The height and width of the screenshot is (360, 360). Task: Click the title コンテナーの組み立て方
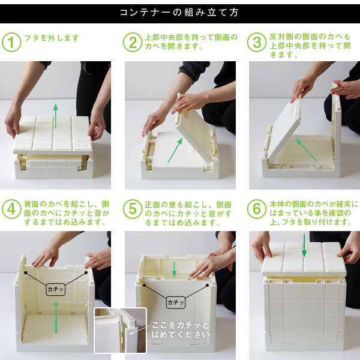[x=179, y=13]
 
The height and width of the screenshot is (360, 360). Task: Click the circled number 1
[x=11, y=42]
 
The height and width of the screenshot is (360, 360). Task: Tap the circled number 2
[x=133, y=42]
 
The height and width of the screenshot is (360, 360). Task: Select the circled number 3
[x=257, y=42]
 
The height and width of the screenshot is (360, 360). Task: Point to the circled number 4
[x=11, y=209]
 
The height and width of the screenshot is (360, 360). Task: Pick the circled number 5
[x=133, y=209]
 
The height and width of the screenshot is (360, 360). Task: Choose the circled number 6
[x=257, y=209]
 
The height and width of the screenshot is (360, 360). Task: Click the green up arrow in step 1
[x=56, y=116]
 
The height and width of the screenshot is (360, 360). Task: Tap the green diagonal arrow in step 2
[x=175, y=151]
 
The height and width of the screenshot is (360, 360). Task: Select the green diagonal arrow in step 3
[x=306, y=149]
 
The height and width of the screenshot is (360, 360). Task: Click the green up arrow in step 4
[x=56, y=317]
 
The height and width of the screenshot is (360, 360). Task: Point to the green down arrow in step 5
[x=174, y=269]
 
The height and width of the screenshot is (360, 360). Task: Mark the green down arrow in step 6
[x=304, y=245]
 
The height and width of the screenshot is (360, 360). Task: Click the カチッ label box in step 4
[x=55, y=289]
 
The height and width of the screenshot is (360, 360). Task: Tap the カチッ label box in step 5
[x=176, y=302]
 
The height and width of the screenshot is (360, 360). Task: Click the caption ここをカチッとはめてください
[x=181, y=329]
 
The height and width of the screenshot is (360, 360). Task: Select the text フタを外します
[x=52, y=38]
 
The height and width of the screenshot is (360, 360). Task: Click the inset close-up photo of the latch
[x=121, y=331]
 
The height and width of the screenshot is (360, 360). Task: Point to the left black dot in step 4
[x=26, y=272]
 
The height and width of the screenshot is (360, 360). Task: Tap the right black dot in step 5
[x=207, y=285]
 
